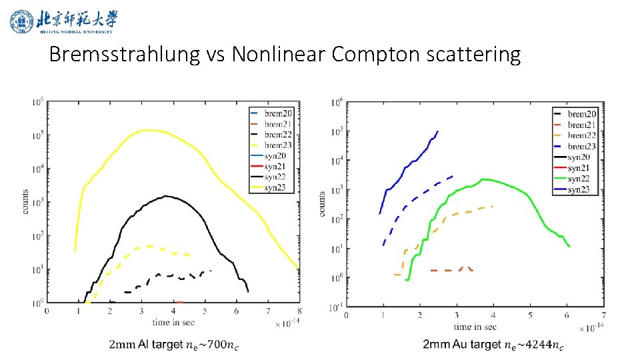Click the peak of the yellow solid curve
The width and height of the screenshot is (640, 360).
tap(148, 130)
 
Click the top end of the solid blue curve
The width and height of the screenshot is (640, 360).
tap(437, 131)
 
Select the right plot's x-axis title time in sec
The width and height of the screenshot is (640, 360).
tap(475, 327)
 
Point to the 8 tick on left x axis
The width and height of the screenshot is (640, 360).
tap(299, 311)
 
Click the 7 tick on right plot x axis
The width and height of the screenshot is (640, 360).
tap(603, 314)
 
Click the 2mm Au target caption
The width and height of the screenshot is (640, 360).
tap(493, 344)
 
